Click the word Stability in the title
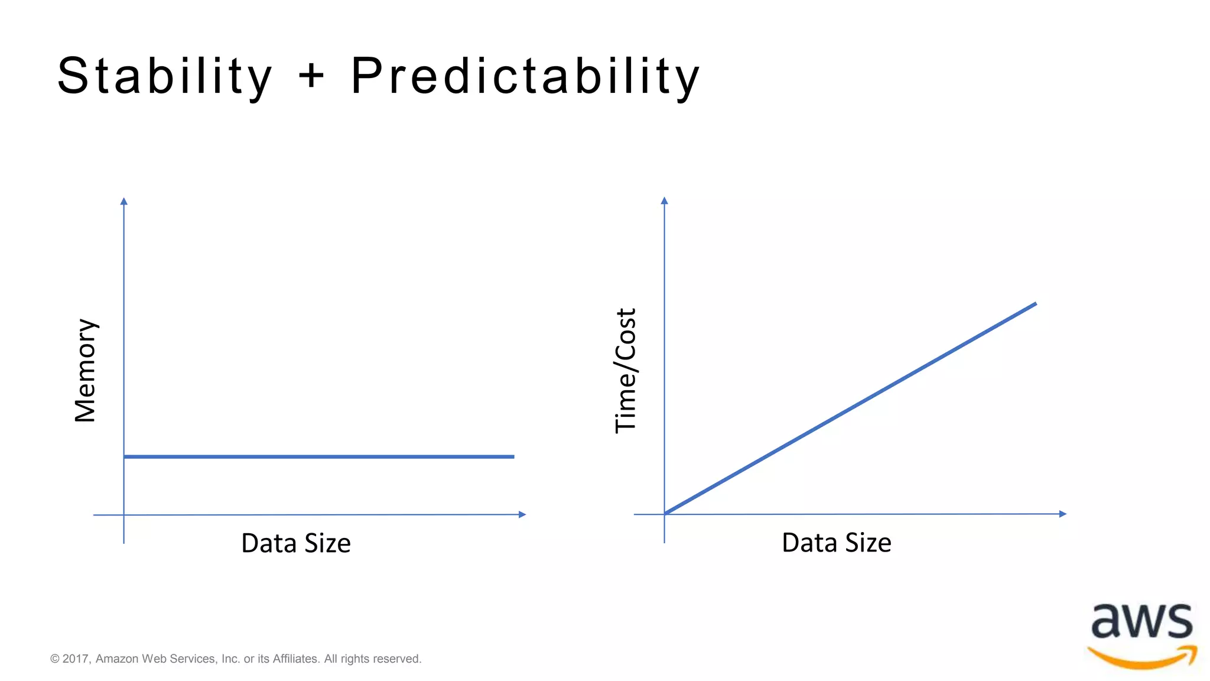coord(164,77)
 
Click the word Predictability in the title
coord(525,77)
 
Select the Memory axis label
coord(86,371)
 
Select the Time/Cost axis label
coord(626,371)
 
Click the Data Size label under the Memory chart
coord(296,543)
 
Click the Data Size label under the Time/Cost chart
coord(836,543)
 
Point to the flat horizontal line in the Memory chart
coord(319,456)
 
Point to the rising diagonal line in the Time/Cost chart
coord(851,408)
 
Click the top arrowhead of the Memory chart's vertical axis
coord(124,202)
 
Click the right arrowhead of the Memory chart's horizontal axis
coord(522,514)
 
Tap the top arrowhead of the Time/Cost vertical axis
coord(665,201)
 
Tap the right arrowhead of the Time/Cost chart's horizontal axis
coord(1063,514)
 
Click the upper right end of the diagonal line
coord(1035,304)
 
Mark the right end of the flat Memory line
coord(513,456)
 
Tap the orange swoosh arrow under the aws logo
coord(1143,657)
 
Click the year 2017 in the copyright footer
coord(76,659)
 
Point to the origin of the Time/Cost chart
coord(665,514)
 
